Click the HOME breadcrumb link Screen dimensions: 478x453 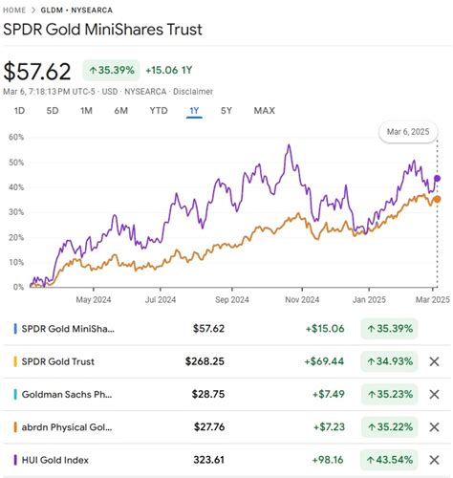[20, 10]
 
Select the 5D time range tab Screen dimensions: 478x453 [54, 111]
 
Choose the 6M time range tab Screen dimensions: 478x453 [120, 111]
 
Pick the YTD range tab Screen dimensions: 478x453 [158, 111]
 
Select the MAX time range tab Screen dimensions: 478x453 [265, 111]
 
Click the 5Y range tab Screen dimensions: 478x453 [226, 111]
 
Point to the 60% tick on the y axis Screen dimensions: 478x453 [14, 137]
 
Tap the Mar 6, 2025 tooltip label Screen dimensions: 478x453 [410, 131]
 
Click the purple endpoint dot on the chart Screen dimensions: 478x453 [438, 178]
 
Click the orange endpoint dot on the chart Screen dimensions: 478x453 [437, 199]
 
